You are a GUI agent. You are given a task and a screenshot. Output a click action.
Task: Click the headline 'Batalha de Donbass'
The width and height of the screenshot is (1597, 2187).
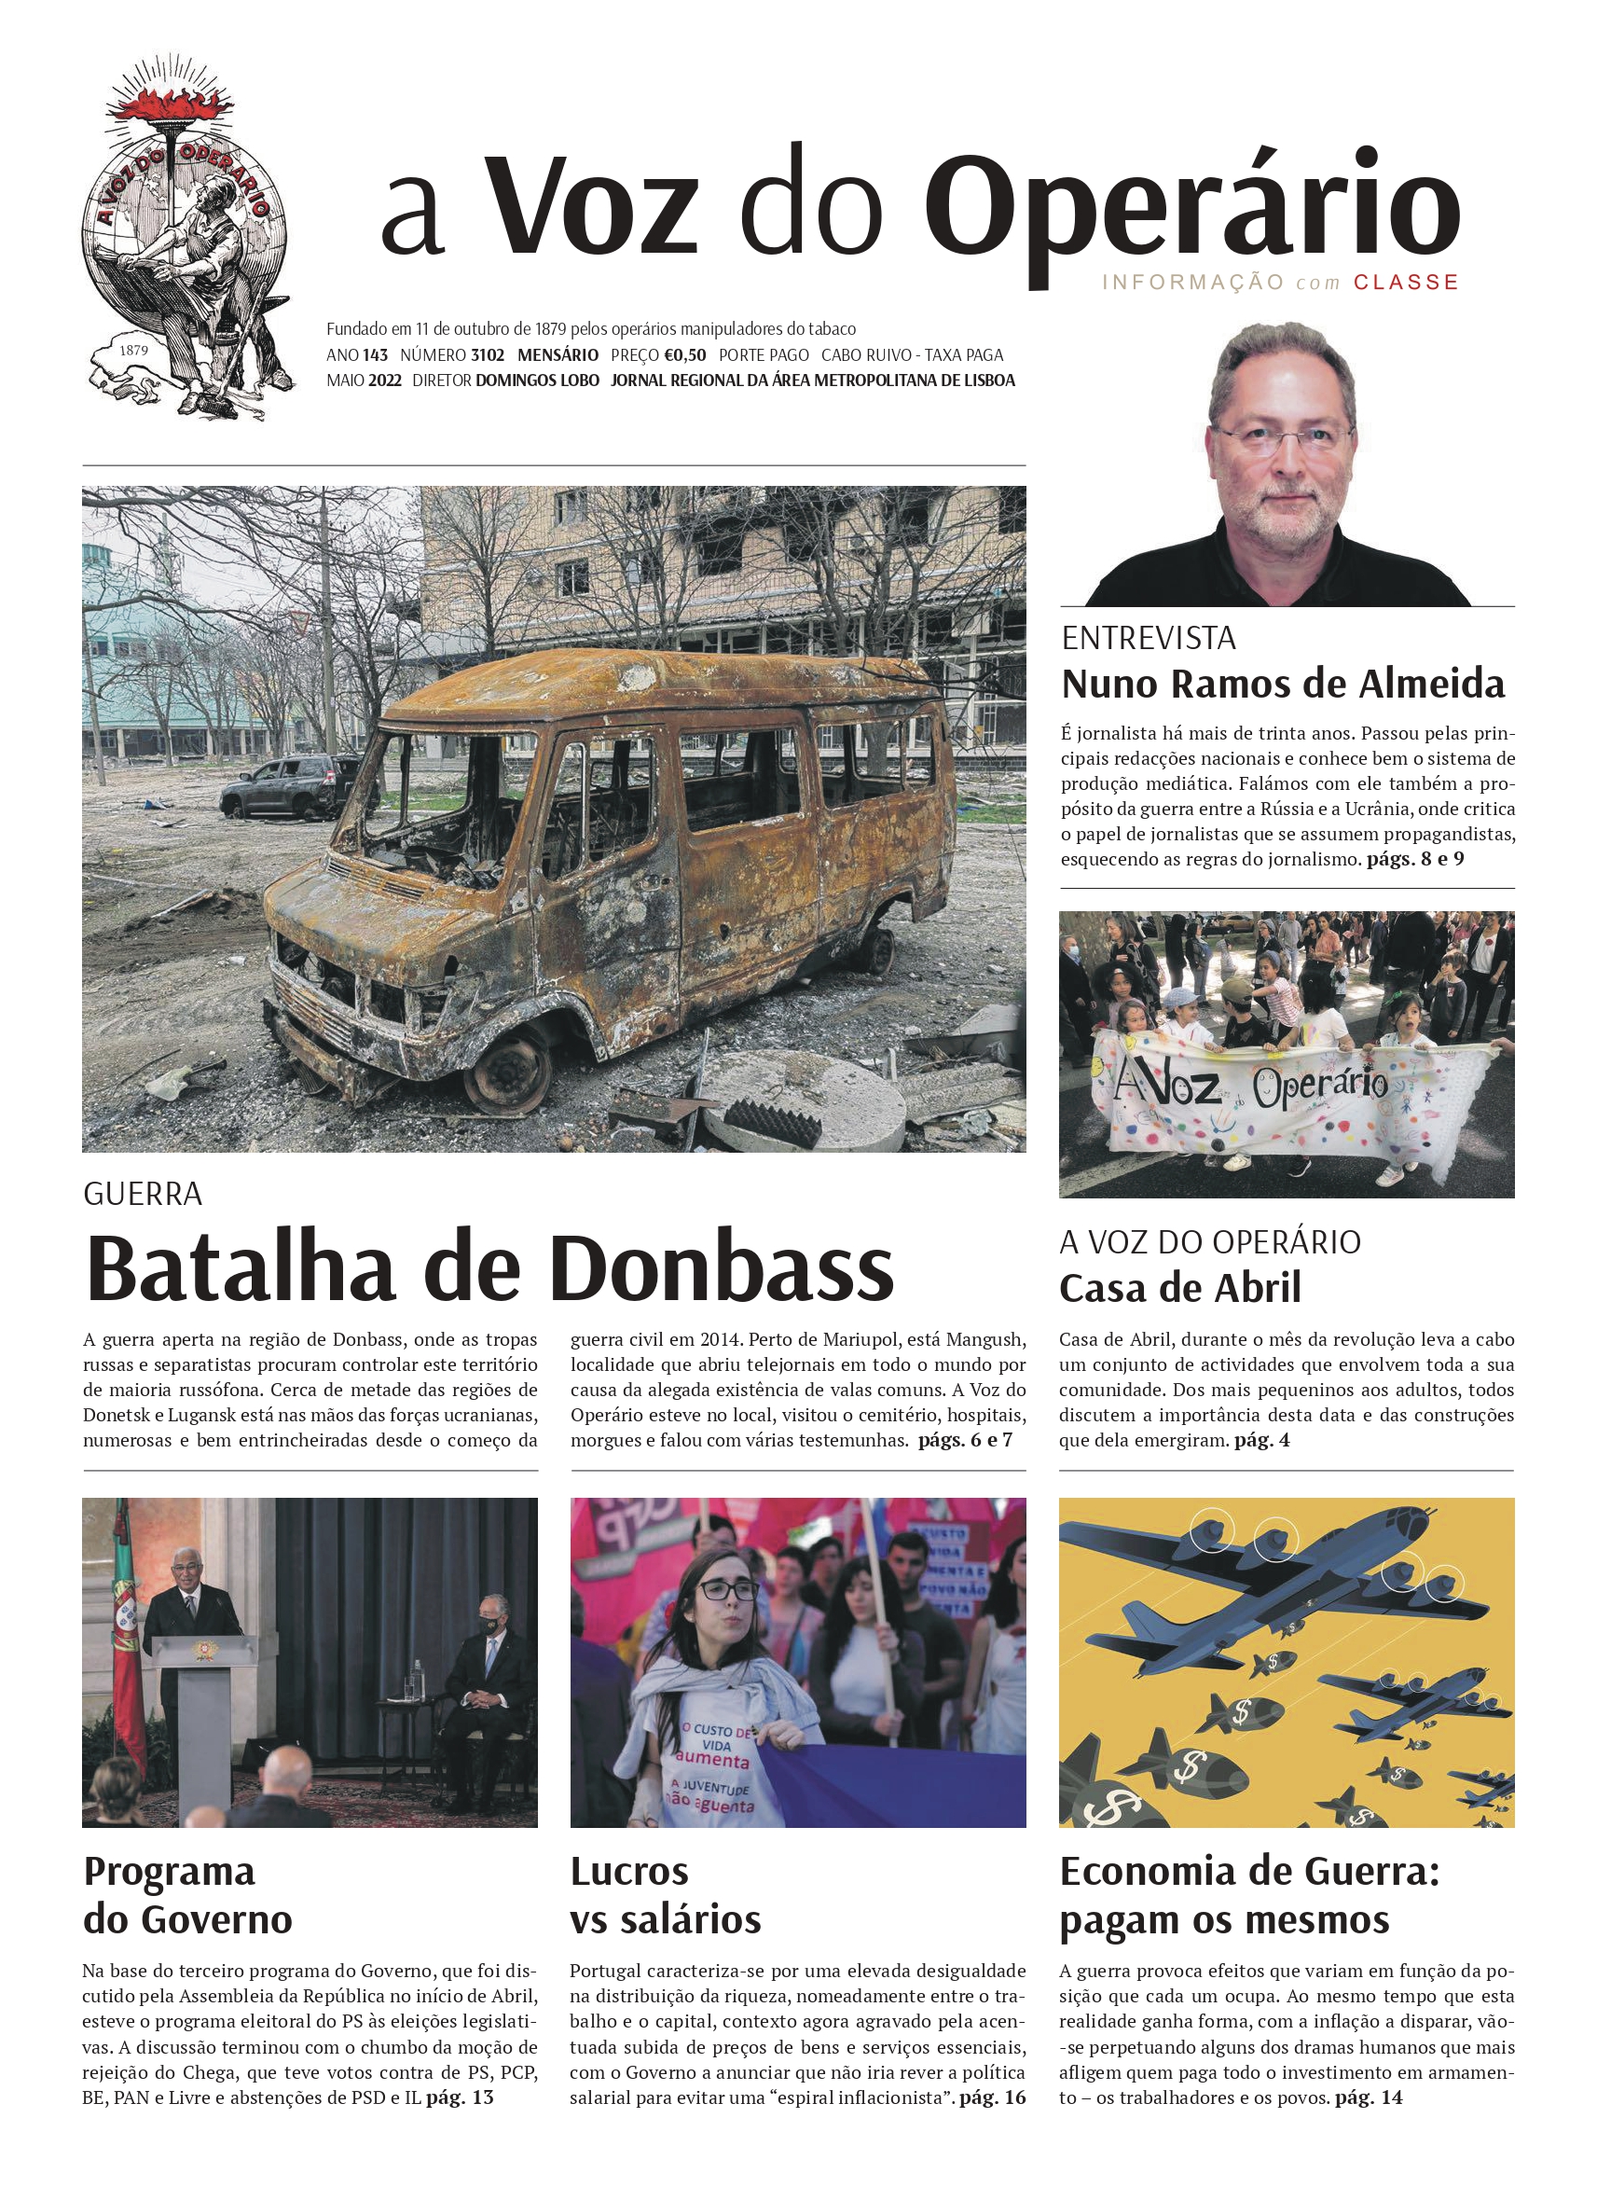pos(490,1267)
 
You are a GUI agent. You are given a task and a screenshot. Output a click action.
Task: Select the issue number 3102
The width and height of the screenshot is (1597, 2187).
pos(488,354)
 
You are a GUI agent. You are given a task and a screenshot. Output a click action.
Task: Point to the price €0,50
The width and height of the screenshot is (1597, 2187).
pos(684,354)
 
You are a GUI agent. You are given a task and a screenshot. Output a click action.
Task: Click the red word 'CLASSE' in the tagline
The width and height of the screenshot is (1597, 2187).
pos(1406,283)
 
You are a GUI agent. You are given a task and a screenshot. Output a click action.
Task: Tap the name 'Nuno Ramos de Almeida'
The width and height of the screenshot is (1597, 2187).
pos(1283,685)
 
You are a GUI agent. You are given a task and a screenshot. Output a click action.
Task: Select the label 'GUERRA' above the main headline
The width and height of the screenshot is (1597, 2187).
pos(143,1194)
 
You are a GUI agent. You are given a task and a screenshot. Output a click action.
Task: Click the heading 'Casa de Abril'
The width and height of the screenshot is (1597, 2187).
pos(1180,1288)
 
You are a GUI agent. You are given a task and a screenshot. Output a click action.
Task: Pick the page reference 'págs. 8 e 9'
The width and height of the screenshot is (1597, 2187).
pos(1415,859)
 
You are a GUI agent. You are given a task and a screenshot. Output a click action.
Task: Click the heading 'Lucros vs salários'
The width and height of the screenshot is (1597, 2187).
pos(665,1895)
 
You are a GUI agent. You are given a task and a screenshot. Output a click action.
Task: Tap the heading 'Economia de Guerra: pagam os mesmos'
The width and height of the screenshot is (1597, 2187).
pos(1249,1895)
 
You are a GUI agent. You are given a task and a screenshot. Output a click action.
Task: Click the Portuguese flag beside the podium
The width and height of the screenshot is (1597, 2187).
pos(125,1634)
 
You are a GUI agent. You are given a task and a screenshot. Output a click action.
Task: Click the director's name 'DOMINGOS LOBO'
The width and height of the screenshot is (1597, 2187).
pos(538,381)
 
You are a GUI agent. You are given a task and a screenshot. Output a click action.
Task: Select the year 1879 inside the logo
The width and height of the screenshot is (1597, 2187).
pos(133,350)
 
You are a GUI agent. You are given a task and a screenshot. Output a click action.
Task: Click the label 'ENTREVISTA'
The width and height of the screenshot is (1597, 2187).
pos(1149,638)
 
